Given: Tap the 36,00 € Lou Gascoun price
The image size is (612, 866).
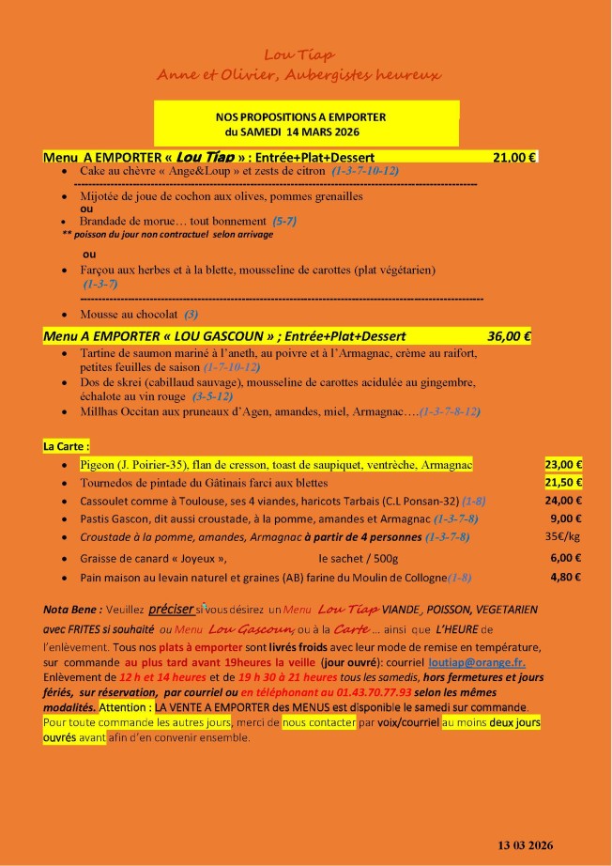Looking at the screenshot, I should pos(509,335).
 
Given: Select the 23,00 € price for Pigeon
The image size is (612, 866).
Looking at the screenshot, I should pos(563,464).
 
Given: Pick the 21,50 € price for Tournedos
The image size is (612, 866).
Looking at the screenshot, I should pos(563,482).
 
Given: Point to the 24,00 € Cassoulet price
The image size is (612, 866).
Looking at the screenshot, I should pos(563,501).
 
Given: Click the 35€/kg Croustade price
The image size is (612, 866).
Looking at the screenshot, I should pos(563,537).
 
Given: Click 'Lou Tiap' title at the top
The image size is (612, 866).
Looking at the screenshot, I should pos(299,55).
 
